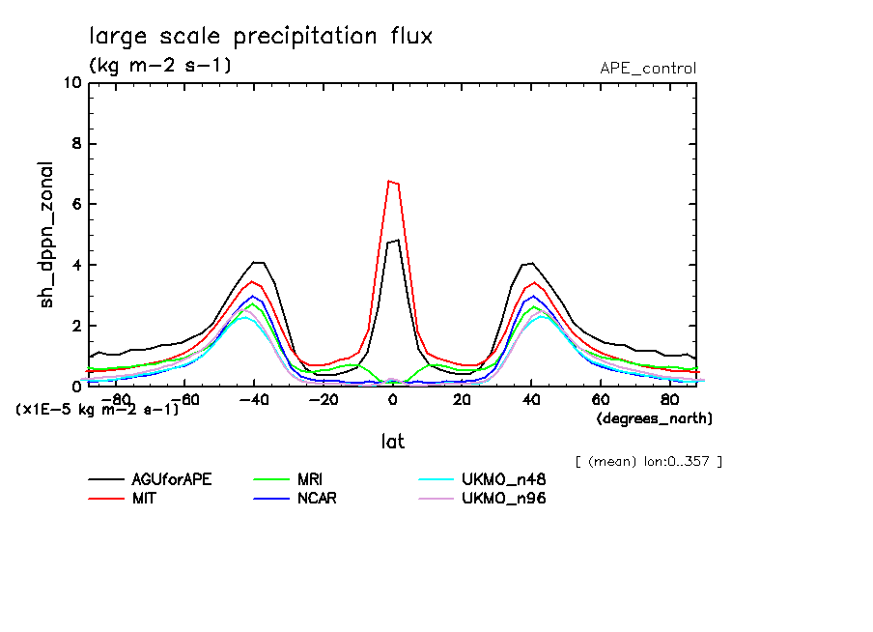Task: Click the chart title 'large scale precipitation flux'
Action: [x=261, y=37]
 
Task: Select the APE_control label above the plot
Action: [x=647, y=69]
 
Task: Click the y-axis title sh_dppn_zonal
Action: [x=46, y=235]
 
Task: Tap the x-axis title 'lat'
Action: [x=392, y=442]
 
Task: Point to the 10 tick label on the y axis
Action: [x=71, y=83]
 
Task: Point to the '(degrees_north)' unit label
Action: [x=654, y=418]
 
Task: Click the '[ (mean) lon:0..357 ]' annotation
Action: [x=647, y=461]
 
